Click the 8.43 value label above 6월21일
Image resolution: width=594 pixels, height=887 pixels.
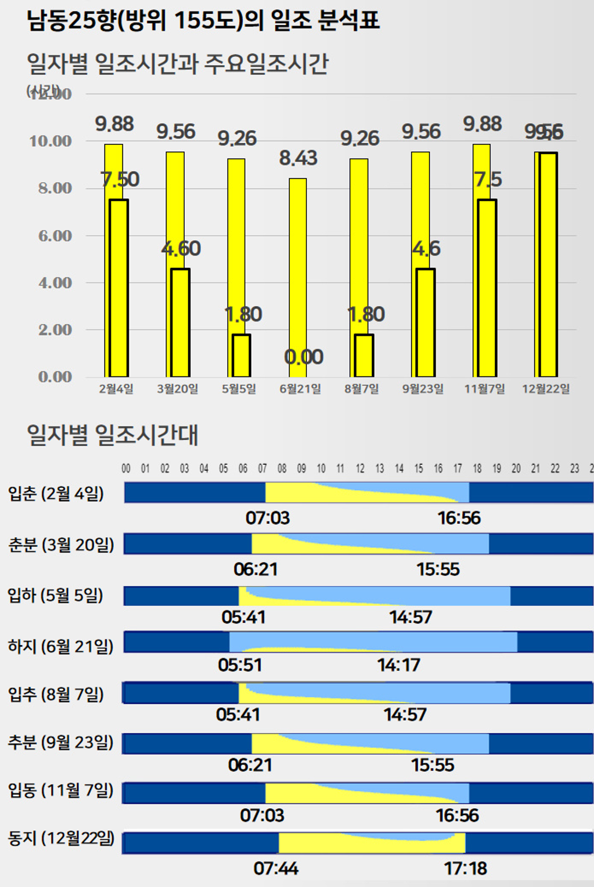coord(298,158)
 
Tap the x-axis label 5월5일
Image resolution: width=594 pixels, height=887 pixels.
coord(239,389)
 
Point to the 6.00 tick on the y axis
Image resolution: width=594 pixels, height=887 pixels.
coord(55,236)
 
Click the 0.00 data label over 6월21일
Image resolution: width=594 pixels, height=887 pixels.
coord(304,357)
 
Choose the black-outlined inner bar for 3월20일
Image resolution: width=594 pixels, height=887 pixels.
coord(180,323)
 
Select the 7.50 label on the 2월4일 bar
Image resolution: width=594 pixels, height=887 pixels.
coord(120,179)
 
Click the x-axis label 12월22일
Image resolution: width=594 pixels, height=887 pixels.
coord(546,389)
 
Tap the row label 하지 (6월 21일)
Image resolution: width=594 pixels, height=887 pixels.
coord(61,646)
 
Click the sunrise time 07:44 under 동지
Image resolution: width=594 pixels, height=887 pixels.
coord(276,868)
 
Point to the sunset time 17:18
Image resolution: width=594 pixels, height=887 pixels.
coord(465,868)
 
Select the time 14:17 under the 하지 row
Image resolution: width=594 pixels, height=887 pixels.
coord(399,665)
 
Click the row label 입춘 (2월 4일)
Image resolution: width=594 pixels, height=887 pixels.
coord(56,493)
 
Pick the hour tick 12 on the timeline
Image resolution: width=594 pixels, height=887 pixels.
coord(360,469)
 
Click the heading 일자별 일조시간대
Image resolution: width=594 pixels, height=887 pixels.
coord(113,435)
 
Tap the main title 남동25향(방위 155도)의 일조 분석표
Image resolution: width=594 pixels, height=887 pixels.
coord(203,21)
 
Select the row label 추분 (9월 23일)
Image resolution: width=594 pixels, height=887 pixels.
coord(61,742)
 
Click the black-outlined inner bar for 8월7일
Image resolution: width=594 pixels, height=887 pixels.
coord(364,355)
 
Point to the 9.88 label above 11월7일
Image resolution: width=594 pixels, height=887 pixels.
coord(482,124)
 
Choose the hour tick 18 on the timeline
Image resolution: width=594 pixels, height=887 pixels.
coord(477,469)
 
